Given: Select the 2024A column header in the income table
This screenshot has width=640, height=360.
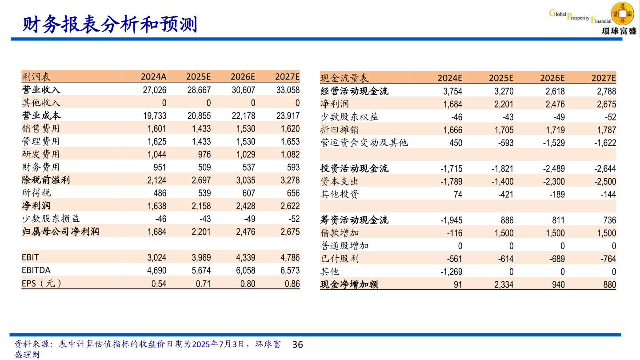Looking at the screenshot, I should pyautogui.click(x=154, y=77).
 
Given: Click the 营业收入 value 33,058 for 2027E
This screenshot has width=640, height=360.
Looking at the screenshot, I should pyautogui.click(x=288, y=90).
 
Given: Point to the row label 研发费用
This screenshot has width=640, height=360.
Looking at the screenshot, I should pyautogui.click(x=41, y=154).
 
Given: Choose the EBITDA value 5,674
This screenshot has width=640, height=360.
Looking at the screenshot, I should pyautogui.click(x=199, y=270).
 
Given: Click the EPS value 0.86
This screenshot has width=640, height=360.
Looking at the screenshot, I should pyautogui.click(x=292, y=284).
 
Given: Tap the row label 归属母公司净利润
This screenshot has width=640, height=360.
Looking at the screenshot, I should pyautogui.click(x=60, y=232).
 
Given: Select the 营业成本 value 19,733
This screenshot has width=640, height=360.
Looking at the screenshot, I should pyautogui.click(x=155, y=116).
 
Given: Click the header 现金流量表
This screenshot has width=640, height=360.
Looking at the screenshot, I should pyautogui.click(x=344, y=79).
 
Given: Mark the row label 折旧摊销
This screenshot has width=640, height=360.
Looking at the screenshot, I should pyautogui.click(x=339, y=130).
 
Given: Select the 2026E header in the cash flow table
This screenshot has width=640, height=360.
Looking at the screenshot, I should pyautogui.click(x=552, y=79).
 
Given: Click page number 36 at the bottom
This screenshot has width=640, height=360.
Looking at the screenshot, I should pyautogui.click(x=297, y=344).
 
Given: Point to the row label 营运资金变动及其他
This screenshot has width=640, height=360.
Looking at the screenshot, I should pyautogui.click(x=364, y=143).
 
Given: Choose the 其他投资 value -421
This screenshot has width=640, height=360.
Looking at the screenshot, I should pyautogui.click(x=504, y=194).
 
